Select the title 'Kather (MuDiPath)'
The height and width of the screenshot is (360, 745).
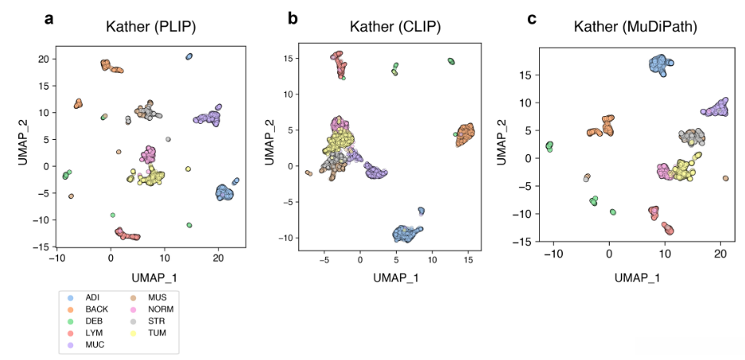pos(636,28)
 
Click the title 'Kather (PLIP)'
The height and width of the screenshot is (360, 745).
pos(151,28)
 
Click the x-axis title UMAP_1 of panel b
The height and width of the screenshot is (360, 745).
pos(395,277)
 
